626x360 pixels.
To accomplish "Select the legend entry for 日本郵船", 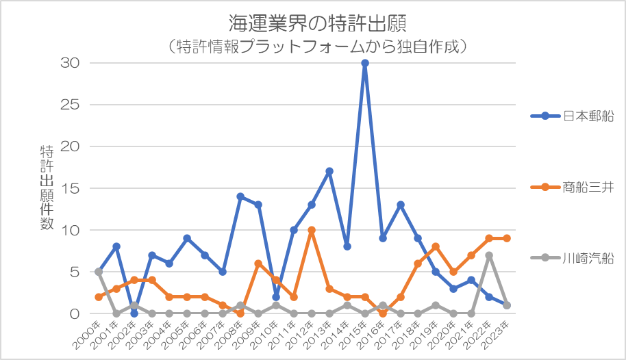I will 571,116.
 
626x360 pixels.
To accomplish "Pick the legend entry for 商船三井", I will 571,186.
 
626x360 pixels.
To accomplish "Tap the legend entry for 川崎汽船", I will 571,258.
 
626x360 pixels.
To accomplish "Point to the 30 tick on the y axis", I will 73,63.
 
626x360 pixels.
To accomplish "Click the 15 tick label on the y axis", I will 73,188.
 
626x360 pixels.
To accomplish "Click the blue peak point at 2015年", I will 365,63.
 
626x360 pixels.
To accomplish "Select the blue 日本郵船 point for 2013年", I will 329,171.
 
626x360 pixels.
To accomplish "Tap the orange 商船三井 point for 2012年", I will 312,230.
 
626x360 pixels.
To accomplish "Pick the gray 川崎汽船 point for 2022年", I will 489,255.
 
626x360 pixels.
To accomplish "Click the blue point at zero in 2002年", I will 134,313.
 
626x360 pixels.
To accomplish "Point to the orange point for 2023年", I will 507,238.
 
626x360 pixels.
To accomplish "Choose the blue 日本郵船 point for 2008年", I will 240,196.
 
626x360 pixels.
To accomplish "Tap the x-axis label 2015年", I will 356,333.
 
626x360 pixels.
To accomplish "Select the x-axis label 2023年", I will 498,333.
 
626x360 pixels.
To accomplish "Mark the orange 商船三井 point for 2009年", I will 258,263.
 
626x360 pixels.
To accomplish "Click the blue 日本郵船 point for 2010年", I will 276,297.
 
